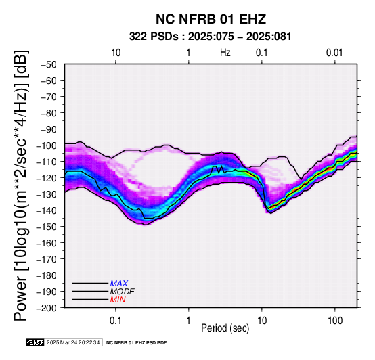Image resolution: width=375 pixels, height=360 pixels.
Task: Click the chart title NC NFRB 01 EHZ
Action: coord(211,19)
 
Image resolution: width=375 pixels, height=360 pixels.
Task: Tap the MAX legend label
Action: coord(119,284)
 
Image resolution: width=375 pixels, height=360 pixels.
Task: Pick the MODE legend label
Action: coord(123,292)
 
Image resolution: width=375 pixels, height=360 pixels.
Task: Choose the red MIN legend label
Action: coord(118,300)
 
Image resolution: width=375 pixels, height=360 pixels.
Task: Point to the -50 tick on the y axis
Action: coord(49,64)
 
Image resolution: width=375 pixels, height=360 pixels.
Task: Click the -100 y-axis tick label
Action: coord(47,145)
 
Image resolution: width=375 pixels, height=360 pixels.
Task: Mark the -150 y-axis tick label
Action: coord(47,227)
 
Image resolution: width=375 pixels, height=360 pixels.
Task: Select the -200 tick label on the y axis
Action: coord(47,308)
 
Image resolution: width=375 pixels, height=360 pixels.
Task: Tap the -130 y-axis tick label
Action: coord(47,194)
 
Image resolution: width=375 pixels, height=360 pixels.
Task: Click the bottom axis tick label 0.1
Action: coord(116,321)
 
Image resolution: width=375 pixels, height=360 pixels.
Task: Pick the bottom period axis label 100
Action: coord(335,321)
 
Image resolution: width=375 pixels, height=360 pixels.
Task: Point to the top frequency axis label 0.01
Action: coord(334,53)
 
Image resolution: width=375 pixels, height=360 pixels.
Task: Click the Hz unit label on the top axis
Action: coord(225,53)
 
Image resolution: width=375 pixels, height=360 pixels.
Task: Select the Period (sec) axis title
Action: coord(225,328)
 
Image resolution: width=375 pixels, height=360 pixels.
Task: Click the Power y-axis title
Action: coord(21,185)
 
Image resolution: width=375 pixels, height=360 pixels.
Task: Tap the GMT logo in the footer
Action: coord(35,343)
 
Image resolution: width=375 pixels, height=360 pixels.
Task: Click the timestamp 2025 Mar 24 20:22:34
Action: coord(73,343)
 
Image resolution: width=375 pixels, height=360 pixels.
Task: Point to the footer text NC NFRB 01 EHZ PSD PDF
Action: coord(136,343)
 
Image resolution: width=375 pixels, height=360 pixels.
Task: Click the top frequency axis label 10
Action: coord(116,53)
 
